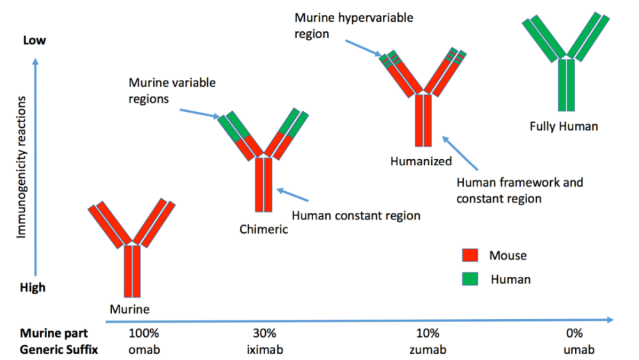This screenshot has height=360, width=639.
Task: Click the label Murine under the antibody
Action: click(x=129, y=309)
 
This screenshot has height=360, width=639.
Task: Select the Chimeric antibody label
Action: click(x=263, y=229)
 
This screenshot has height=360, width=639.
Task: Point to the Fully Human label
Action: click(x=564, y=126)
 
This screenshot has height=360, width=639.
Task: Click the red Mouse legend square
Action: click(x=470, y=256)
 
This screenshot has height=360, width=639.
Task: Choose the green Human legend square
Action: click(x=470, y=279)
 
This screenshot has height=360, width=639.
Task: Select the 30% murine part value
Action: click(x=264, y=333)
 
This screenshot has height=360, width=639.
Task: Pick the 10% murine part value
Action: click(x=427, y=333)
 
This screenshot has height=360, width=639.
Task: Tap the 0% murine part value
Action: click(x=573, y=333)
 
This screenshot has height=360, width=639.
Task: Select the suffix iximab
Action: click(x=264, y=350)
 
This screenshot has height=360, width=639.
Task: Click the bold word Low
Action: click(x=35, y=40)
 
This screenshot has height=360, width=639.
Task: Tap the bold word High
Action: click(x=34, y=287)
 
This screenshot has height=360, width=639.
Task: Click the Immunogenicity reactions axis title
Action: click(x=22, y=168)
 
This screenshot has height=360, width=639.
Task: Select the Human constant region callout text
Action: click(x=355, y=215)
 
